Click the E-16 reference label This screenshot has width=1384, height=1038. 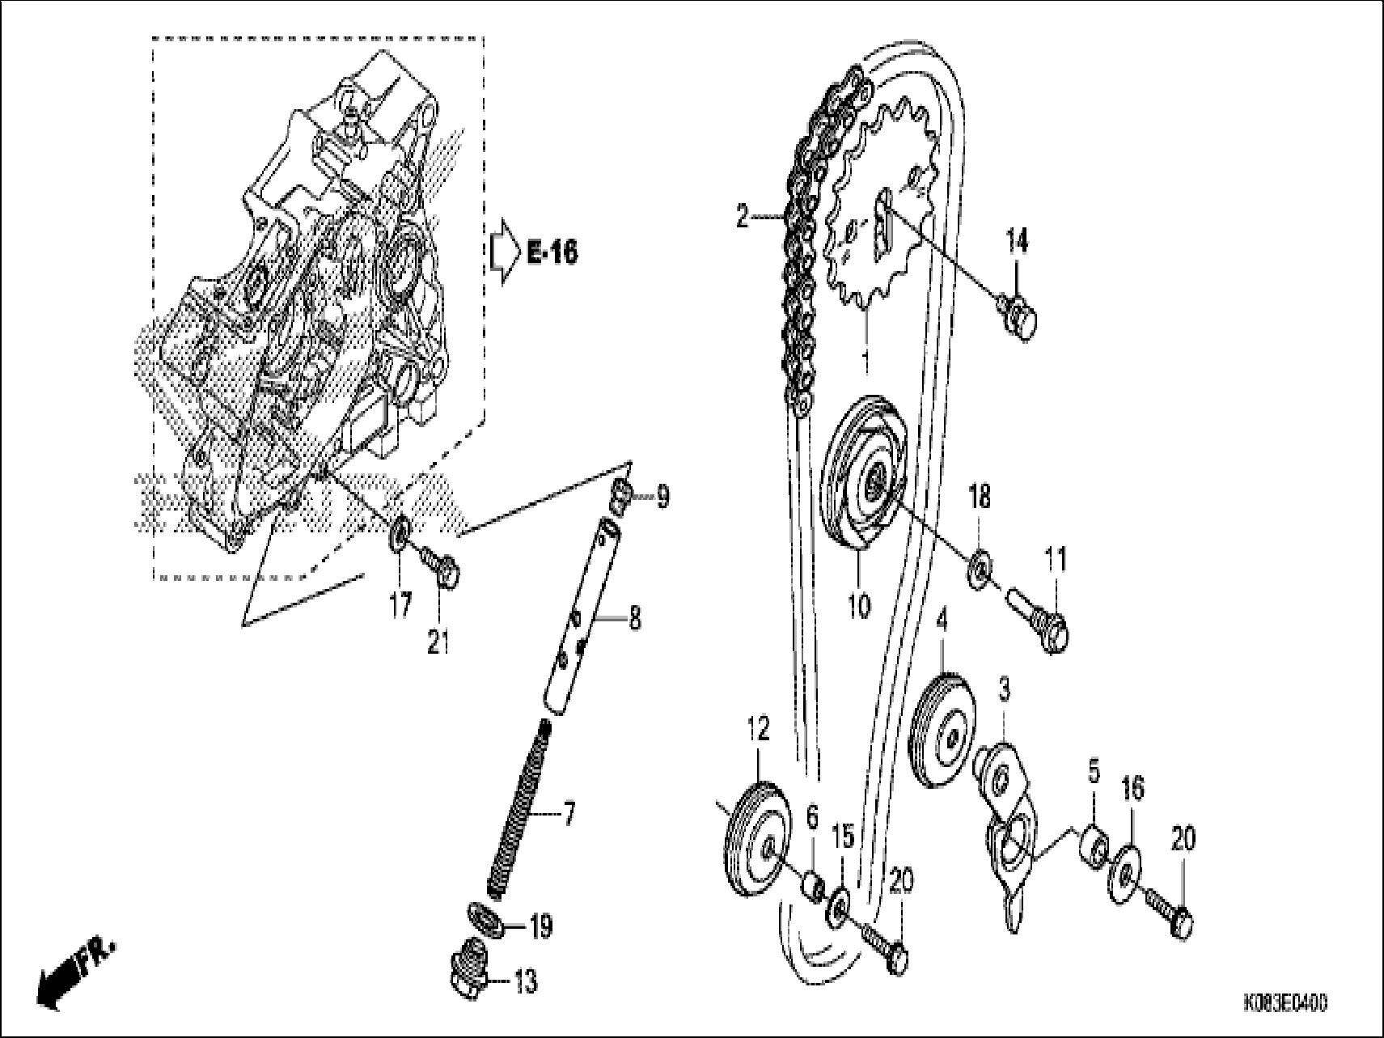pyautogui.click(x=552, y=253)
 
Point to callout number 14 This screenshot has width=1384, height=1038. pyautogui.click(x=1017, y=240)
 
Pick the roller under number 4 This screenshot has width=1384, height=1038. pyautogui.click(x=944, y=734)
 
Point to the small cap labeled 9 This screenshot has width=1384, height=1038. pyautogui.click(x=620, y=494)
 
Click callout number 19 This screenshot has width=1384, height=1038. pyautogui.click(x=540, y=927)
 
